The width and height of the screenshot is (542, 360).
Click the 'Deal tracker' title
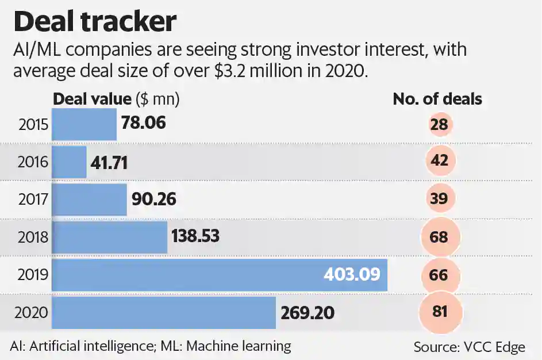click(95, 22)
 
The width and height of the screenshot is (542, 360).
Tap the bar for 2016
click(70, 162)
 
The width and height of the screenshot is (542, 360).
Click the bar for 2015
click(84, 124)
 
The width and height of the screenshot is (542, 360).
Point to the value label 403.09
click(352, 274)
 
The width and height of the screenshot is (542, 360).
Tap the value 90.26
click(153, 200)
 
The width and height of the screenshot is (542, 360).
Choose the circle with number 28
click(441, 125)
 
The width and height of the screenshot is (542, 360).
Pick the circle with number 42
click(441, 162)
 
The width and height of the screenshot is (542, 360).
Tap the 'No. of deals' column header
click(437, 99)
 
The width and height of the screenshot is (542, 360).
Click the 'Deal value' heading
click(92, 99)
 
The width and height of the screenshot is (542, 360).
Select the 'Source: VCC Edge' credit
click(469, 347)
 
